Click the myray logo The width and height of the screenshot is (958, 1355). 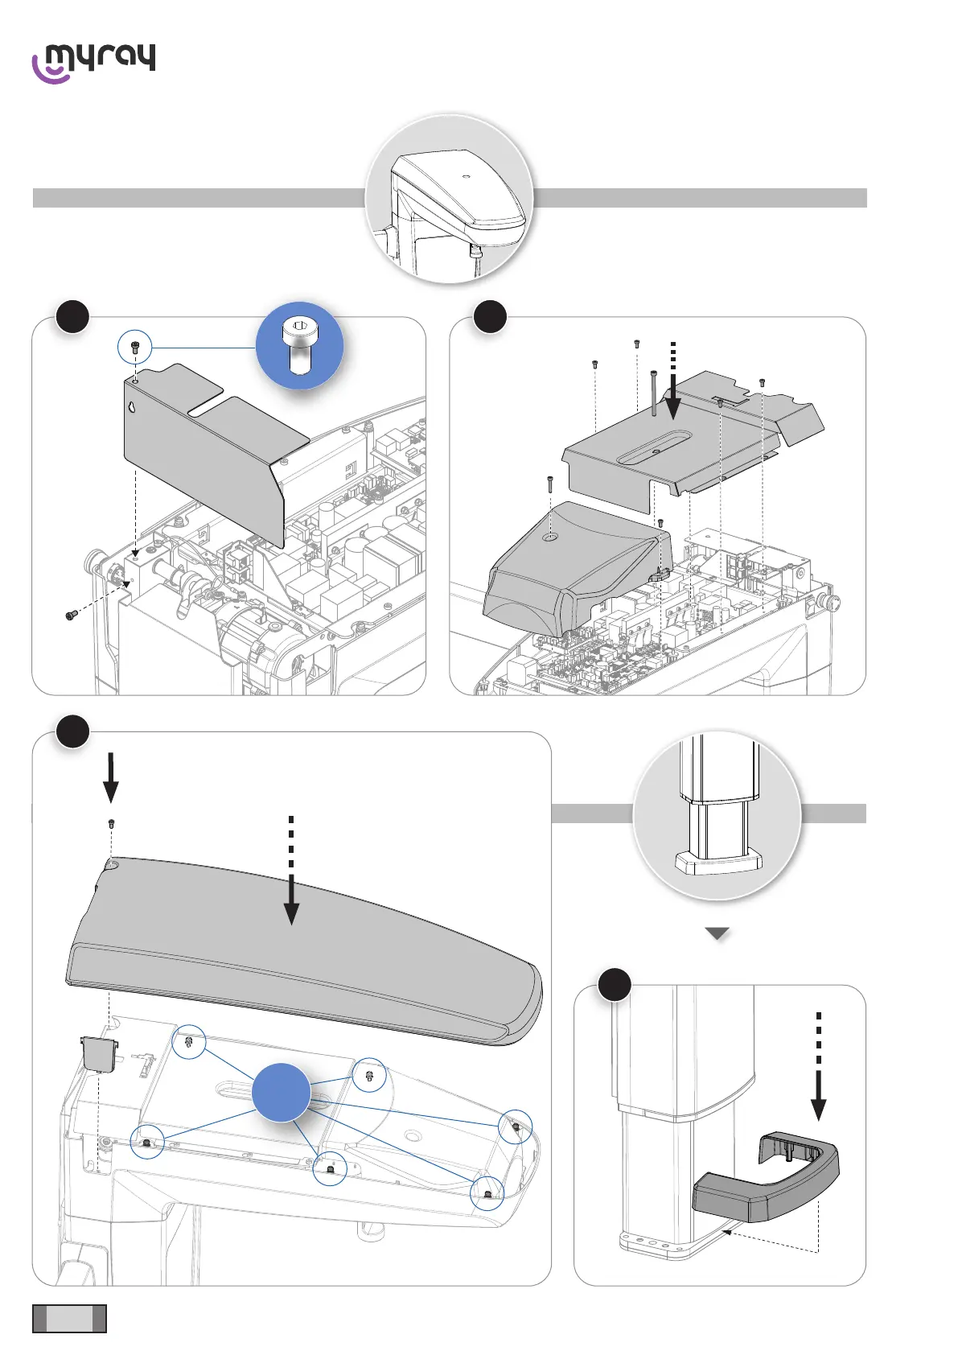pyautogui.click(x=93, y=63)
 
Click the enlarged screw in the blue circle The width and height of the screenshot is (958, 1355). pyautogui.click(x=299, y=346)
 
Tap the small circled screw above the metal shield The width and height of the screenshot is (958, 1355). pyautogui.click(x=134, y=348)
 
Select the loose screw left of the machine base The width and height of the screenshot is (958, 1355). pyautogui.click(x=71, y=616)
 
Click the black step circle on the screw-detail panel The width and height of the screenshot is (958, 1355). pyautogui.click(x=72, y=316)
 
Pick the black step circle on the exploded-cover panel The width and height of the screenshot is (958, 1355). pyautogui.click(x=490, y=316)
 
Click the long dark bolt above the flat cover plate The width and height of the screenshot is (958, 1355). pyautogui.click(x=653, y=393)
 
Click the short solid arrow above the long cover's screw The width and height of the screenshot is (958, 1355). pyautogui.click(x=111, y=777)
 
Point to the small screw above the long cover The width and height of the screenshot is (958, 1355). pyautogui.click(x=111, y=824)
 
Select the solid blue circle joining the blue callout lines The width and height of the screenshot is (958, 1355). pyautogui.click(x=281, y=1092)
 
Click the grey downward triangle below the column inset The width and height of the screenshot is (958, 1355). pyautogui.click(x=717, y=934)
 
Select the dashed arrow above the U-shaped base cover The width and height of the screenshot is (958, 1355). pyautogui.click(x=818, y=1066)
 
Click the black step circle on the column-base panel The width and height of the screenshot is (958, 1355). pyautogui.click(x=615, y=985)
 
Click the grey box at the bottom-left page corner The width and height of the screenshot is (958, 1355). pyautogui.click(x=69, y=1318)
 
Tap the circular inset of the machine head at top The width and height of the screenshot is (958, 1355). pyautogui.click(x=449, y=199)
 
